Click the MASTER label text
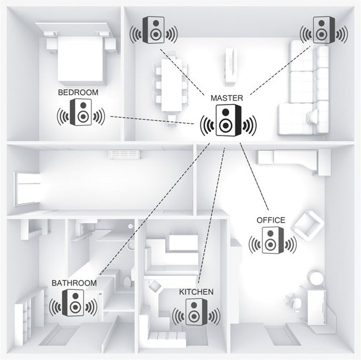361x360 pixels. pos(227,98)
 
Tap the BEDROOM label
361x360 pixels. pos(78,93)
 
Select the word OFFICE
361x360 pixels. pos(270,220)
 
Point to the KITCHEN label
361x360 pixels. pos(196,292)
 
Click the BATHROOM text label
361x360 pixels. pos(74,283)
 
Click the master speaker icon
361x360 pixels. pos(229,120)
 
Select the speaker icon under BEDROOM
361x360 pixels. pos(81,112)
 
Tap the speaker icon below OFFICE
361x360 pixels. pos(273,240)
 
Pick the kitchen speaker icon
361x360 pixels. pos(196,312)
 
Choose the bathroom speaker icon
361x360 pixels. pos(73,302)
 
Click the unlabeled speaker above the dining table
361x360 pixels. pos(153,30)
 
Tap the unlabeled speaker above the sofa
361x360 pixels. pos(324,29)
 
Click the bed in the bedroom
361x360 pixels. pos(80,59)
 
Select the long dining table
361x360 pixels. pos(171,85)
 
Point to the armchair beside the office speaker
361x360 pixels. pos(307,225)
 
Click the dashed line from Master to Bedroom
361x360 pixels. pos(152,120)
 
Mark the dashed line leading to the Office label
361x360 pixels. pos(254,176)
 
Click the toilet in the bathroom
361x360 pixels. pos(127,281)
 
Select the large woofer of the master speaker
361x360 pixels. pos(225,125)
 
